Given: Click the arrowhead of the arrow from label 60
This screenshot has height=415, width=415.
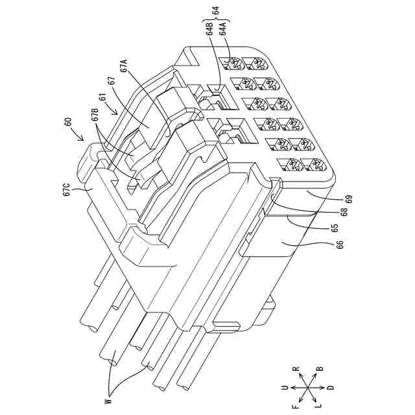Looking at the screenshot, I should coord(83,140).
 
